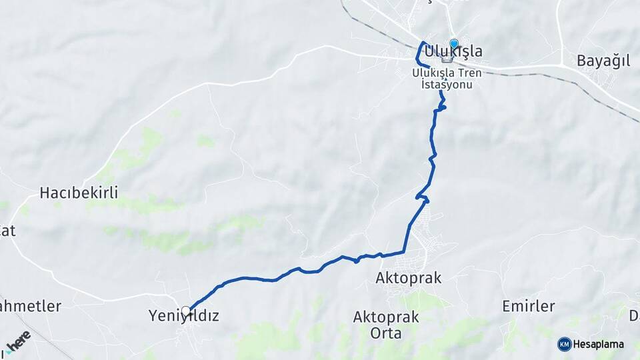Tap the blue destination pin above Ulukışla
click(x=454, y=45)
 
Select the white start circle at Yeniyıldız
click(x=186, y=311)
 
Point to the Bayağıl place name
click(x=603, y=61)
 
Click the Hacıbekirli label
click(x=79, y=193)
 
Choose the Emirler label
click(x=529, y=306)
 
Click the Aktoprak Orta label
click(x=386, y=324)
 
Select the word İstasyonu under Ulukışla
click(x=447, y=84)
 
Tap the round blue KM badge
click(x=564, y=344)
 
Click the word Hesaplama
click(x=599, y=345)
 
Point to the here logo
click(x=17, y=342)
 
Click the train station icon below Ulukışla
click(x=447, y=59)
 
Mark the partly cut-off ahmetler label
click(x=30, y=307)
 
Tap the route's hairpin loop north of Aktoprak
click(x=422, y=197)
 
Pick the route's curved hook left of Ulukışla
click(x=421, y=53)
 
